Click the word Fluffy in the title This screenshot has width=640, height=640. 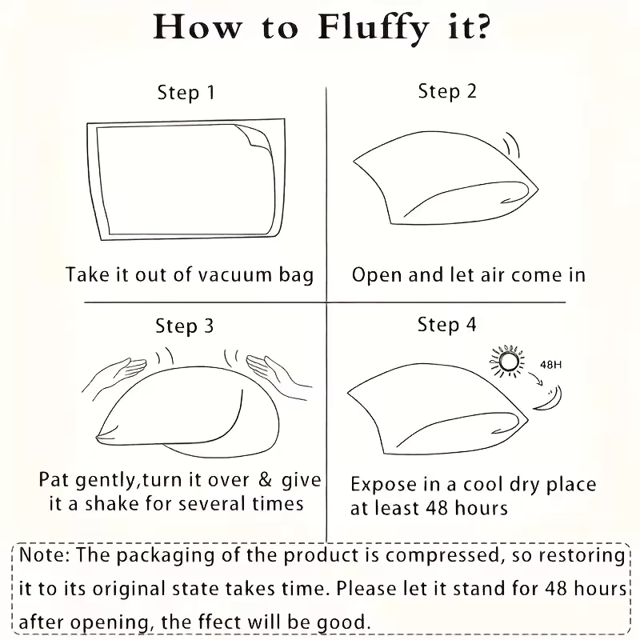click(x=373, y=29)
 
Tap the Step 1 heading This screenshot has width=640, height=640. click(x=186, y=93)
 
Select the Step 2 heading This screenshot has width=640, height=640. click(x=447, y=91)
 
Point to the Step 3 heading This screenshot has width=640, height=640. click(x=185, y=326)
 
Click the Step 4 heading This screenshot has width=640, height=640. click(x=447, y=325)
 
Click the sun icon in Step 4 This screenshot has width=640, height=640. click(x=507, y=362)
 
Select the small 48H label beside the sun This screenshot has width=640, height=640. click(x=550, y=365)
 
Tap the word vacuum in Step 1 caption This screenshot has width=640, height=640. click(x=234, y=275)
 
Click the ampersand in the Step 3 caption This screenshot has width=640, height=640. click(x=266, y=479)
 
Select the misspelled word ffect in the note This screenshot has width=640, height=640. click(x=221, y=622)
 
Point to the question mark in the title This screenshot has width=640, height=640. click(x=482, y=28)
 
